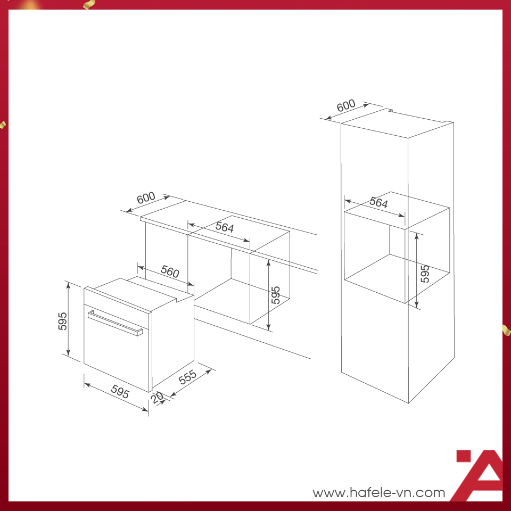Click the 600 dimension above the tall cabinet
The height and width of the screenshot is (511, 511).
click(346, 105)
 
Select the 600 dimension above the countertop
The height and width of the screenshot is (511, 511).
click(146, 197)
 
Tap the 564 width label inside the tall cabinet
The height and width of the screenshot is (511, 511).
click(378, 203)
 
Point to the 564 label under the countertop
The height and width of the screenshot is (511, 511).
click(225, 227)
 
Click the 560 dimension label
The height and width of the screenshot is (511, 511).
click(170, 271)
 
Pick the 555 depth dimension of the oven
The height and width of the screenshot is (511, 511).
click(187, 377)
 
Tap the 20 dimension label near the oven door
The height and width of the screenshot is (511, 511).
click(158, 398)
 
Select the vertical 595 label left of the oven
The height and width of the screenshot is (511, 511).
click(62, 321)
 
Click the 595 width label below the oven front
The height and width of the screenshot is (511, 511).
click(120, 391)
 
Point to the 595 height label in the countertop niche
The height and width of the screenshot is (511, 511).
click(276, 295)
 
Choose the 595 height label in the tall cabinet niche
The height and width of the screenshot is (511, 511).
click(425, 274)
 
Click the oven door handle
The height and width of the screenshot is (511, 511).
click(115, 323)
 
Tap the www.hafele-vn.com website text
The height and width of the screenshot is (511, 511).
click(378, 492)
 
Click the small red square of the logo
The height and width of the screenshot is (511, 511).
click(464, 456)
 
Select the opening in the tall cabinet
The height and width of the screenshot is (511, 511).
click(397, 248)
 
